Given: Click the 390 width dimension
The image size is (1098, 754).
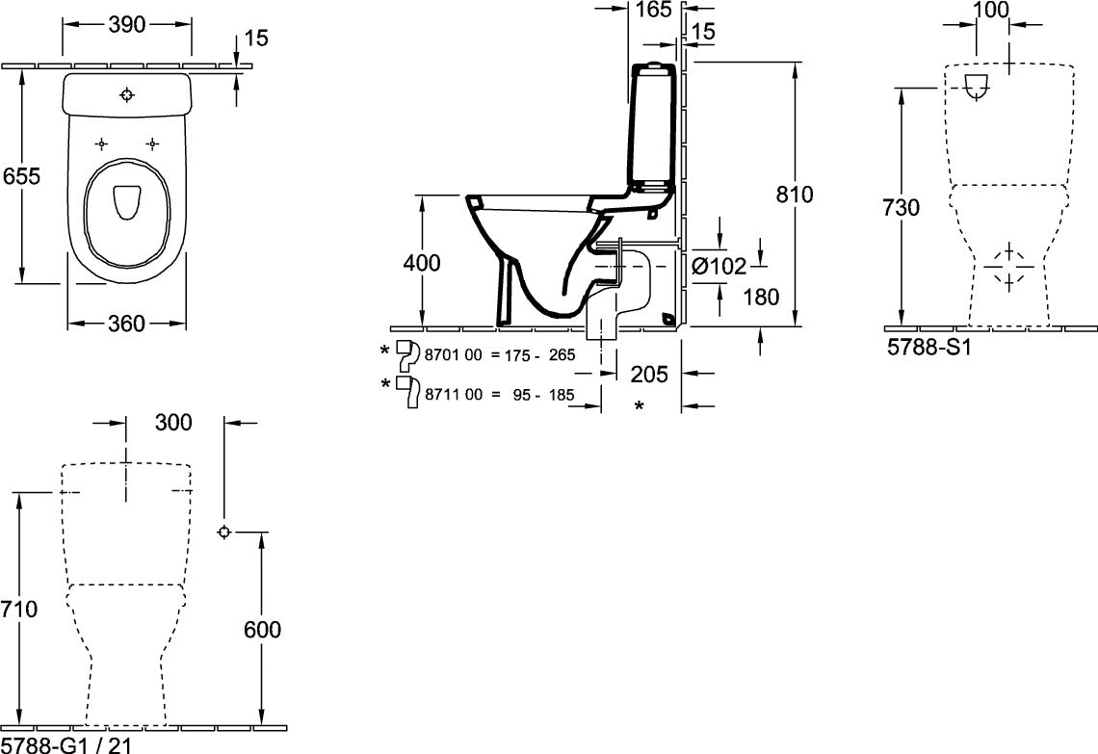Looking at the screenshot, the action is pos(127,24).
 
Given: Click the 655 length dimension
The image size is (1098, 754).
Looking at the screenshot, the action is pos(22,175).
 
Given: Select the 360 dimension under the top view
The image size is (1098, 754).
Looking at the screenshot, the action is pos(127,324).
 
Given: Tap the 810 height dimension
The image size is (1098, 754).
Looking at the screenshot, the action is pos(794,194).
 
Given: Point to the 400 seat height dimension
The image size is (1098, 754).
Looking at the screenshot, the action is pos(422,263).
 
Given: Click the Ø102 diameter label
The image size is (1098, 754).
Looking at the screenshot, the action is pos(719,266).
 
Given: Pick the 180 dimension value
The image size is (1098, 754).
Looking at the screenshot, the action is pos(761,297).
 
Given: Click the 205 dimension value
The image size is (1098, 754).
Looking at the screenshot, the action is pos(649,374).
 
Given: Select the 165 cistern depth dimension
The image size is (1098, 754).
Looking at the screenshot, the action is pos(654,10).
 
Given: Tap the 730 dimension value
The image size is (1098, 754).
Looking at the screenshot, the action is pos(901,207).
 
